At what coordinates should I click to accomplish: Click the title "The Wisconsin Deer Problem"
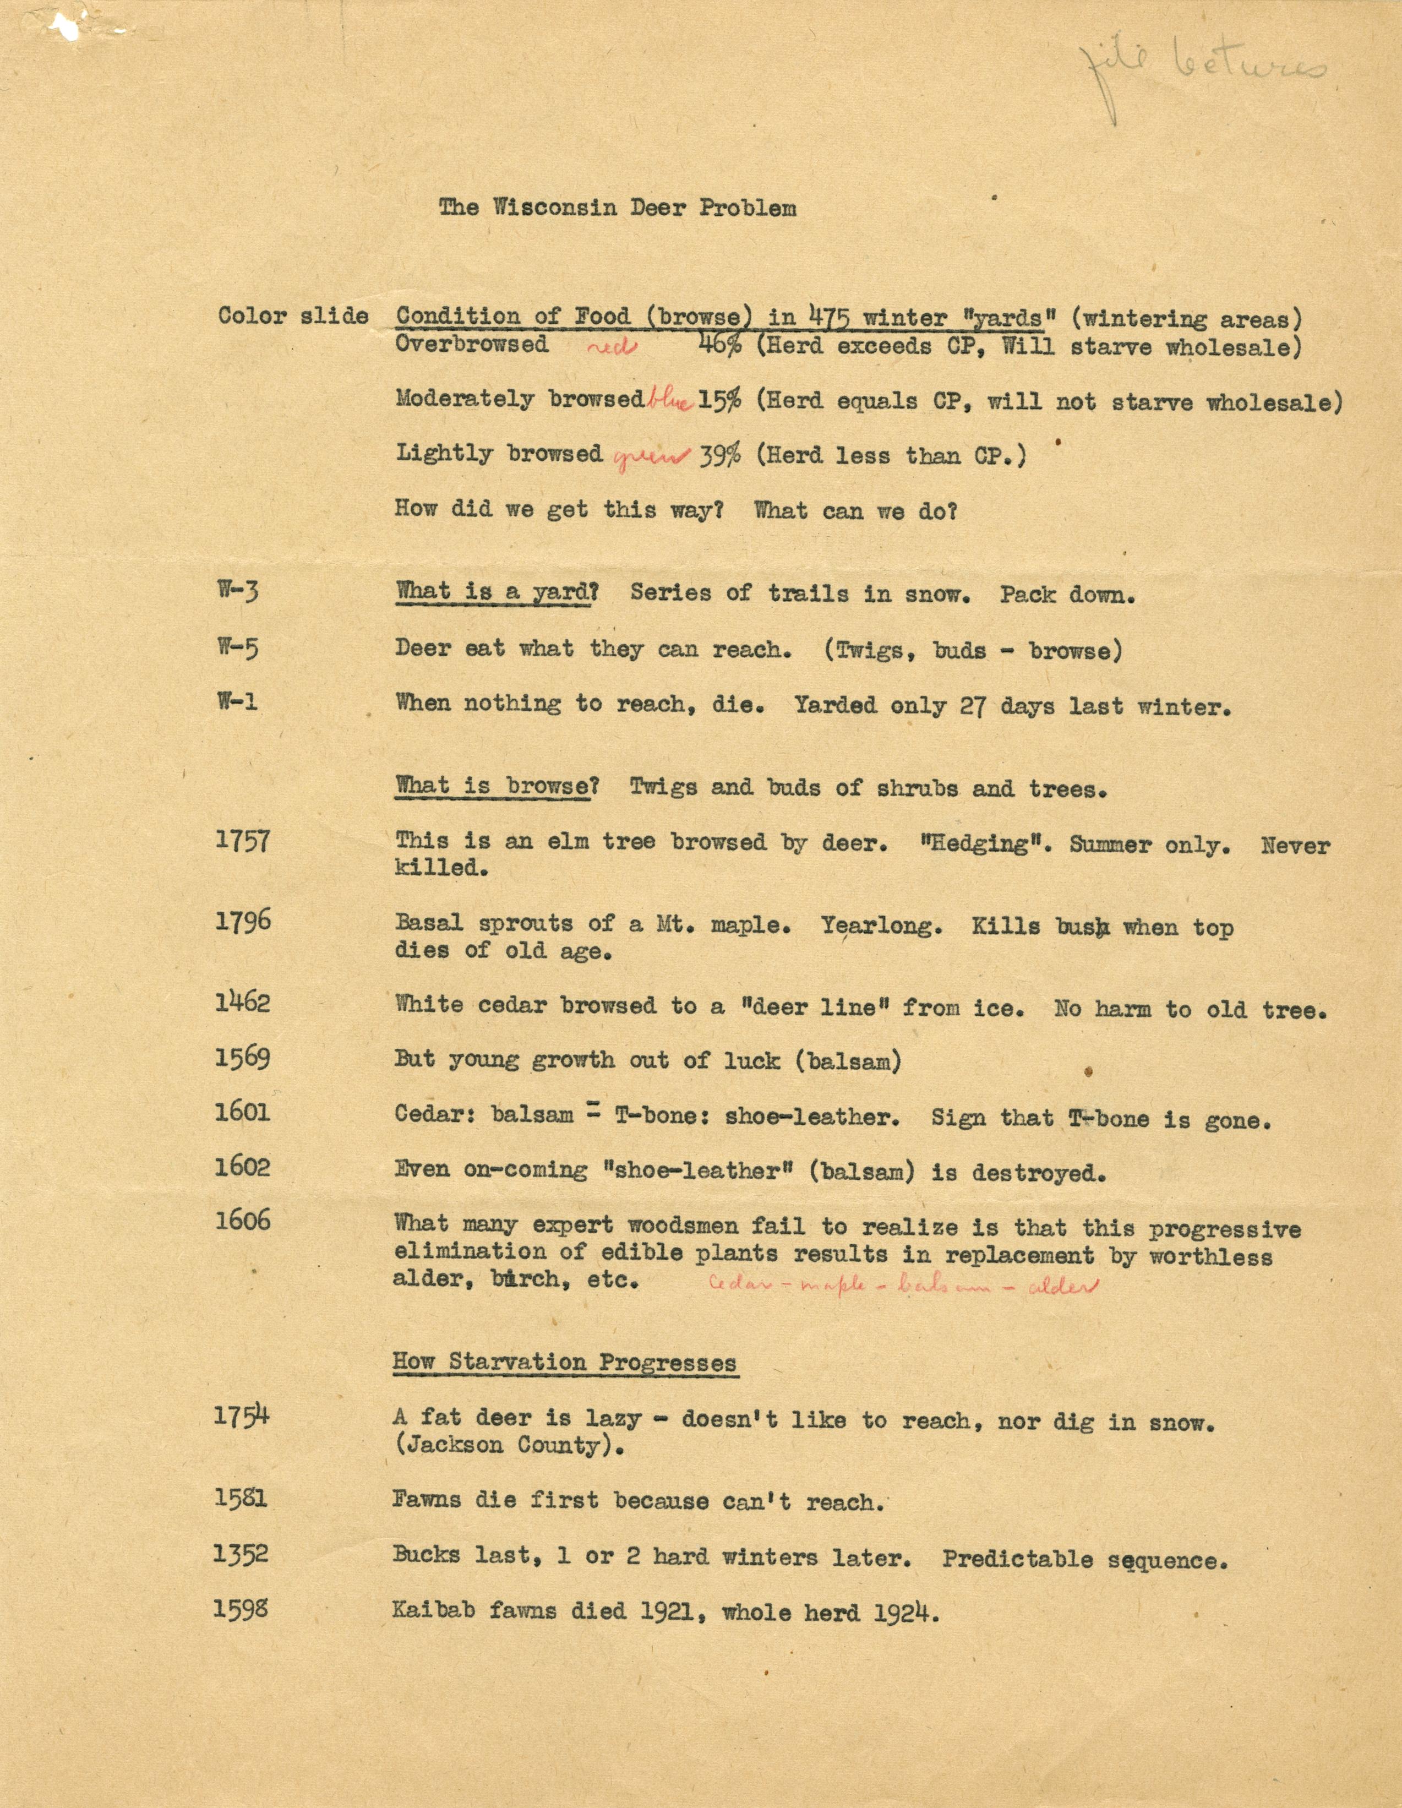[618, 207]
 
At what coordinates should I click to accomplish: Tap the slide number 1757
[243, 841]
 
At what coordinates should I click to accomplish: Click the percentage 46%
[719, 345]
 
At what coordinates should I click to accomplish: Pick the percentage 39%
[720, 455]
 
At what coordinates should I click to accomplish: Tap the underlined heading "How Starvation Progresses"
[564, 1362]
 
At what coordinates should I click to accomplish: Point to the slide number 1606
[243, 1219]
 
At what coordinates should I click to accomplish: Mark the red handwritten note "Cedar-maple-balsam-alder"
[903, 1286]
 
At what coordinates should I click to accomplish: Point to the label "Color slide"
[293, 315]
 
